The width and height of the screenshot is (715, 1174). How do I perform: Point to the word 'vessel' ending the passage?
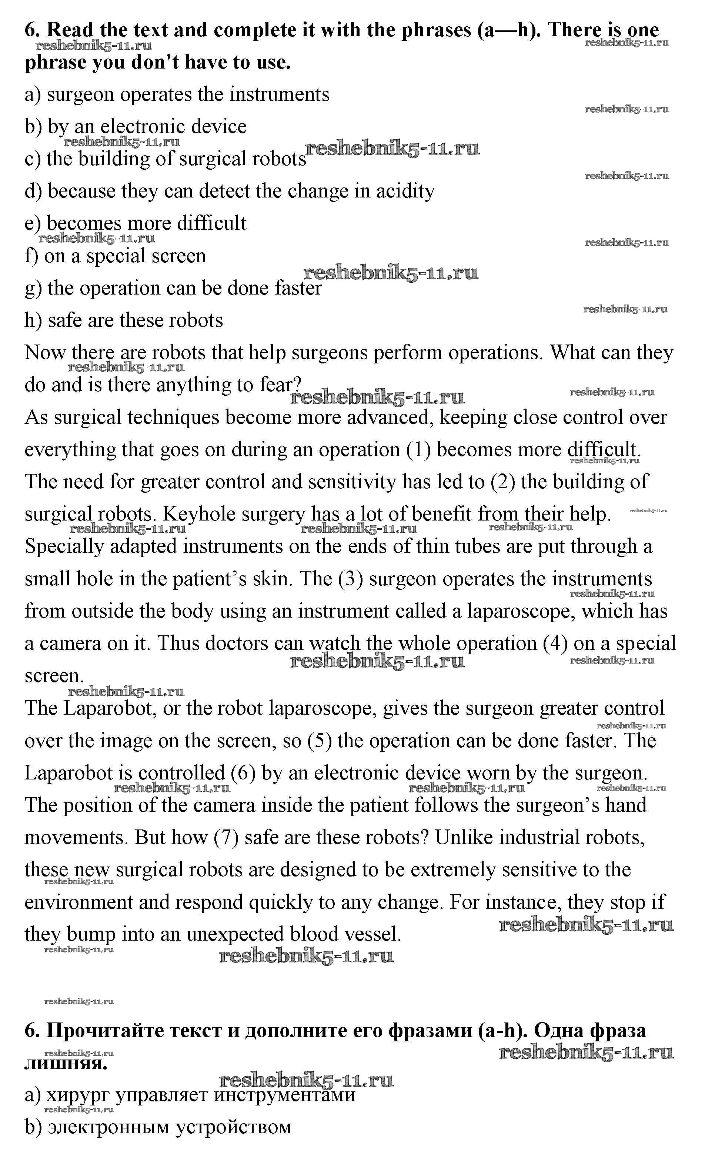371,934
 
